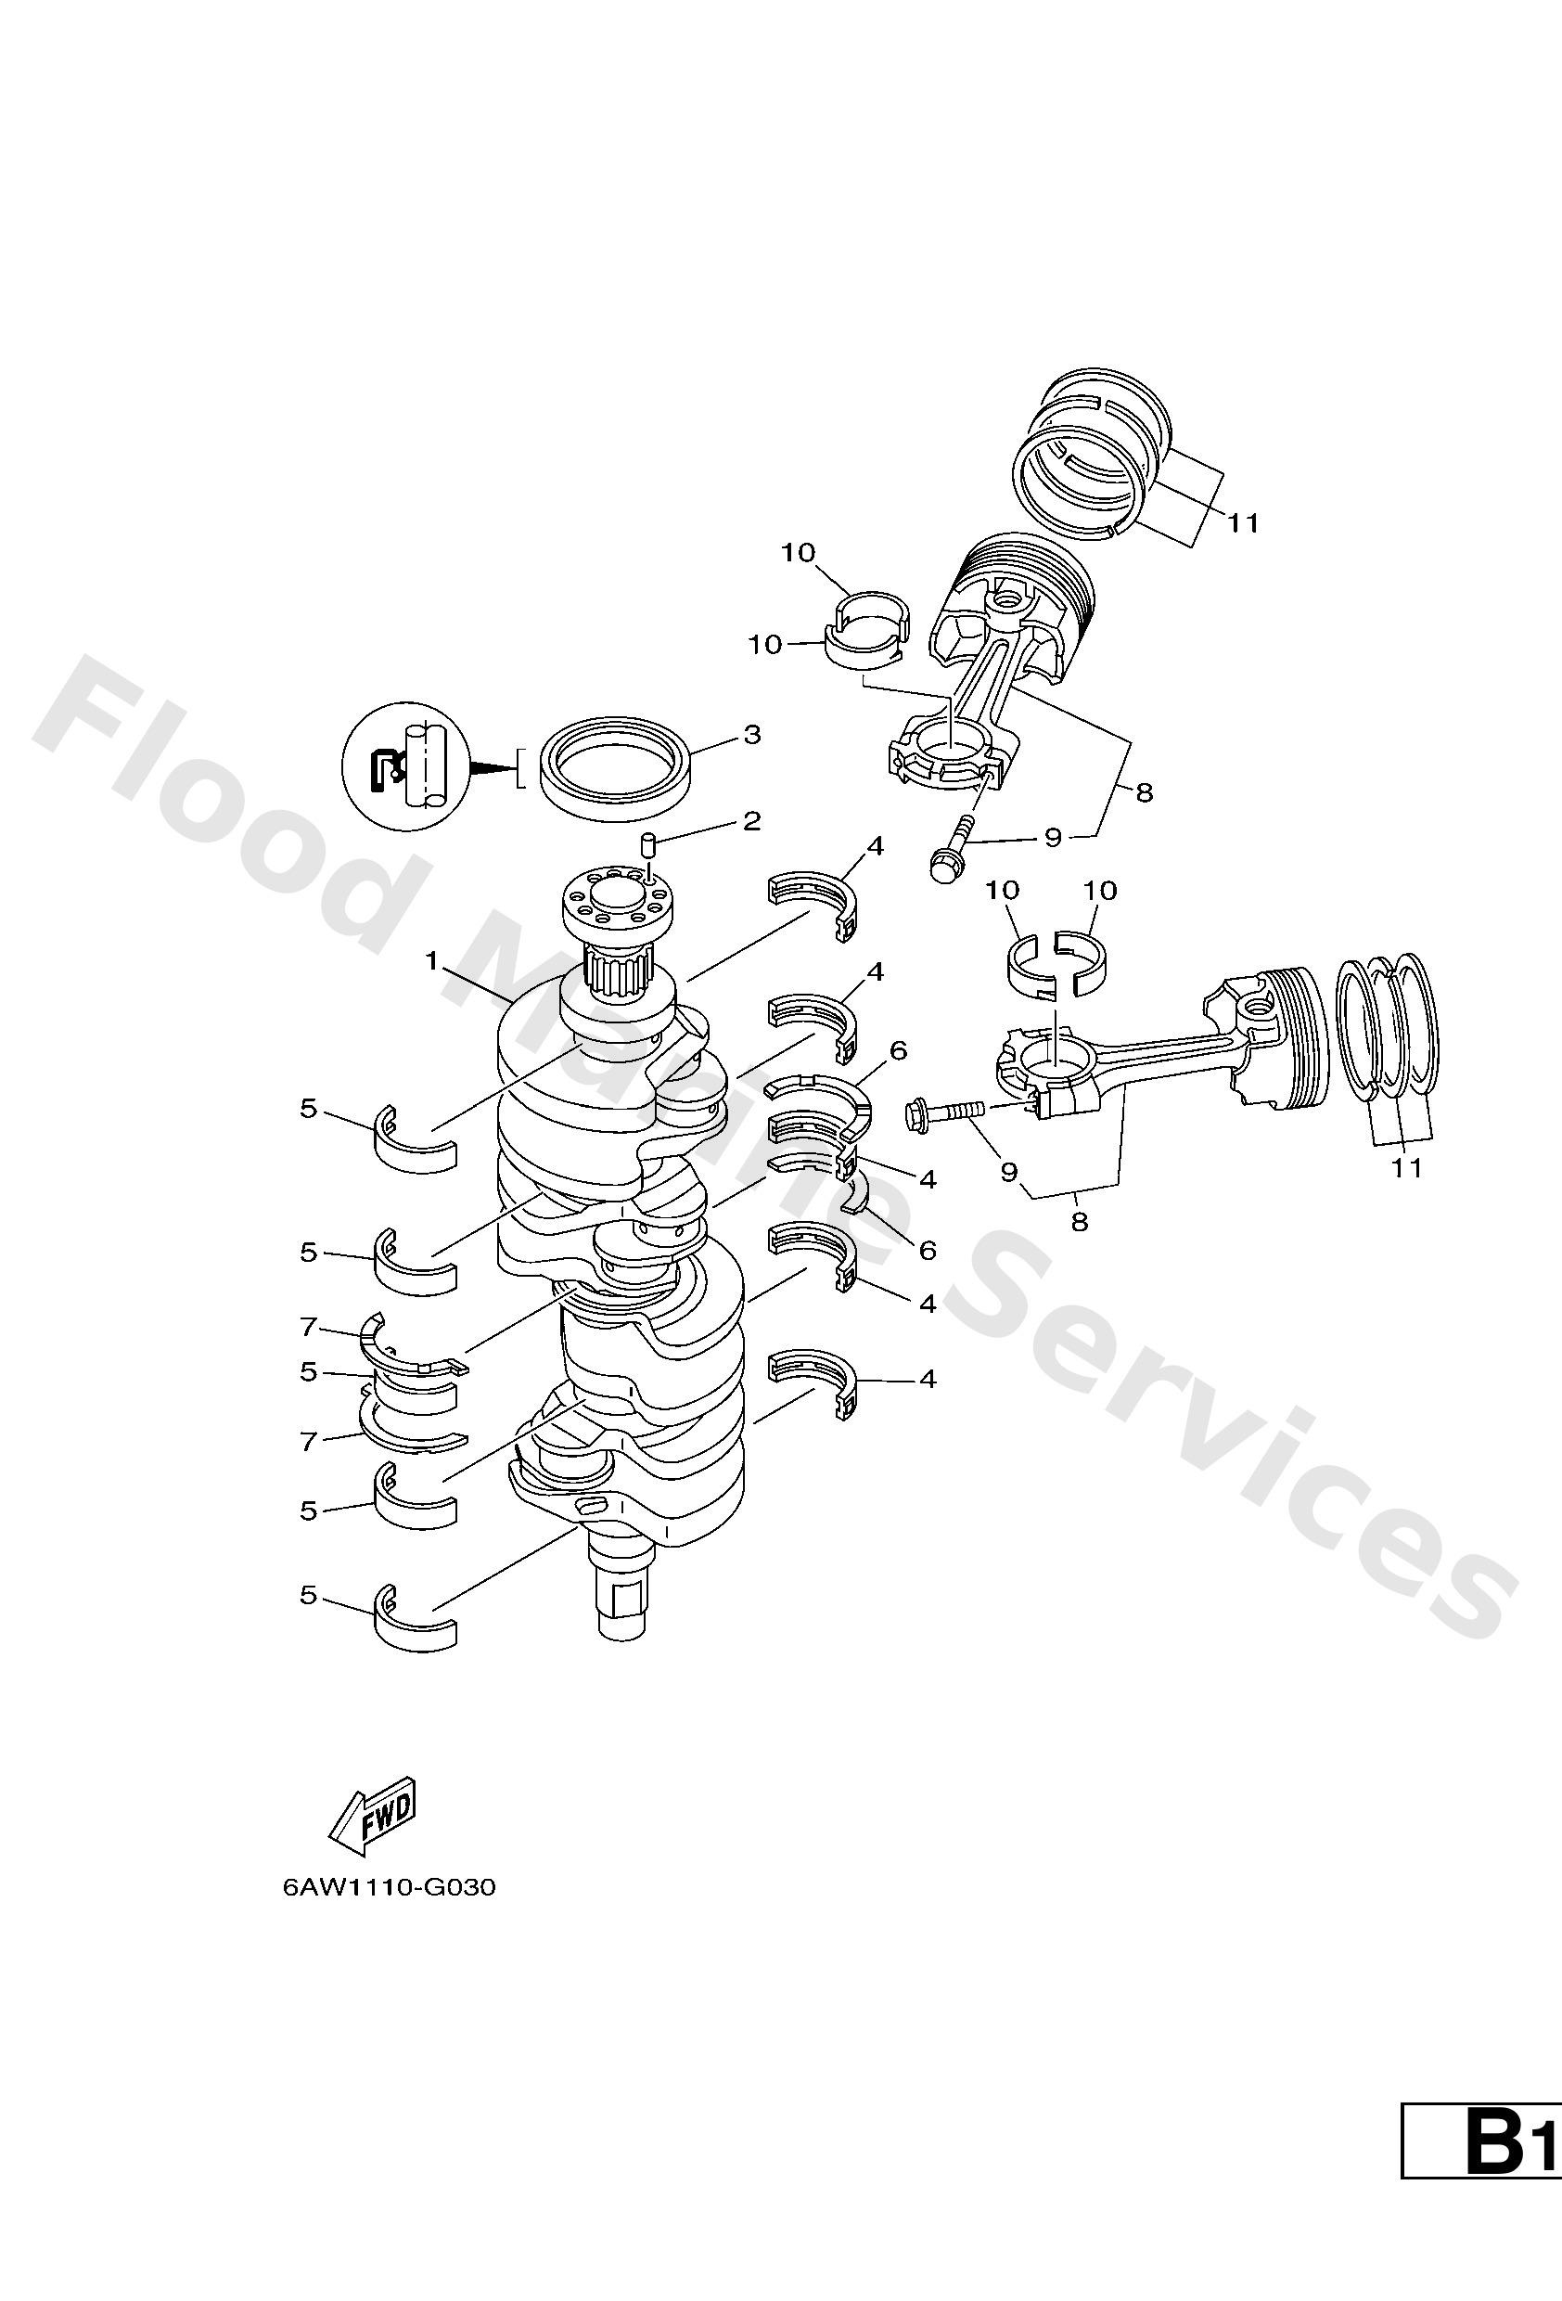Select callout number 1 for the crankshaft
(431, 959)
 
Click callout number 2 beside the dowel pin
(751, 821)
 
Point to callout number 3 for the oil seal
(751, 735)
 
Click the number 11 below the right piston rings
(1405, 1168)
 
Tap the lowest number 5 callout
(309, 1595)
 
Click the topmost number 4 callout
(874, 846)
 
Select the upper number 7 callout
(309, 1325)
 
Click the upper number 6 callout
(898, 1050)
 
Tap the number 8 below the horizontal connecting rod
(1079, 1222)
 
